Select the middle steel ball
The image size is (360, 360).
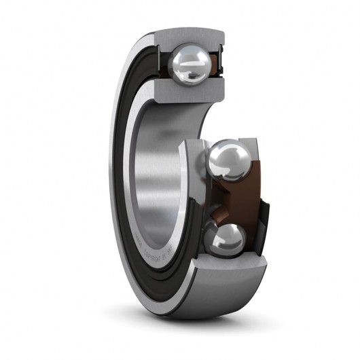point(227,162)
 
